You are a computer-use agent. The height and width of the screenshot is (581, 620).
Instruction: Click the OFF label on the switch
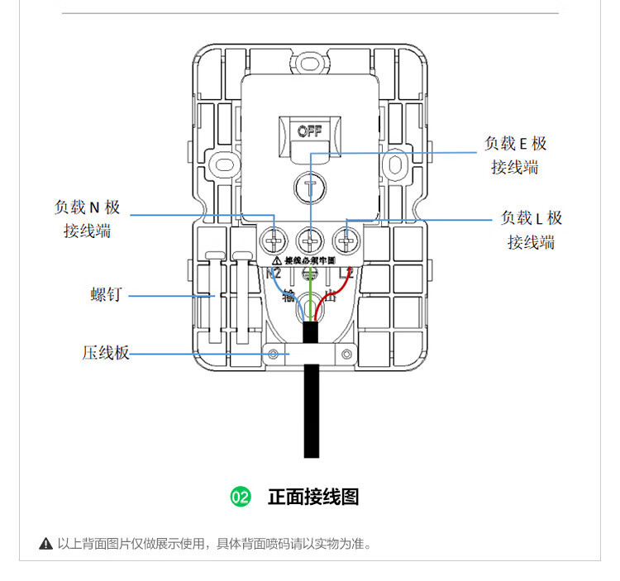tap(309, 131)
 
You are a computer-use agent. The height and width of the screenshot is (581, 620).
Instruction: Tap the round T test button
tap(310, 187)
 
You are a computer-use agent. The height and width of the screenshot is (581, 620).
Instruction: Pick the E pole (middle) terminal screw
tap(308, 242)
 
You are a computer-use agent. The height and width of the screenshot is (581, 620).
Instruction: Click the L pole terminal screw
tap(345, 242)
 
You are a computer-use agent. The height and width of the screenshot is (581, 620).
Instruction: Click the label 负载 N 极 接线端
tap(87, 219)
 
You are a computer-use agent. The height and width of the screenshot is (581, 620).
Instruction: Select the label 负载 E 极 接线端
tap(515, 155)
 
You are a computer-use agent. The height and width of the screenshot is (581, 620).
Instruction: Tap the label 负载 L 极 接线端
tap(532, 230)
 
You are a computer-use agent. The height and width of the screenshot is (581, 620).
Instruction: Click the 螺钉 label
tap(106, 295)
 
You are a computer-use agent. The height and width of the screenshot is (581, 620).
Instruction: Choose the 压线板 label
tap(106, 353)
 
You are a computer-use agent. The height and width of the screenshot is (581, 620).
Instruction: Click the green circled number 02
tap(240, 497)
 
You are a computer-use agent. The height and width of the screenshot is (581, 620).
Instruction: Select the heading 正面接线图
tap(313, 497)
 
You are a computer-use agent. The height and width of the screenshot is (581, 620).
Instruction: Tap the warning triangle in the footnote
tap(46, 544)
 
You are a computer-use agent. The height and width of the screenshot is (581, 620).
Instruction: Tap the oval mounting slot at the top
tap(310, 60)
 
